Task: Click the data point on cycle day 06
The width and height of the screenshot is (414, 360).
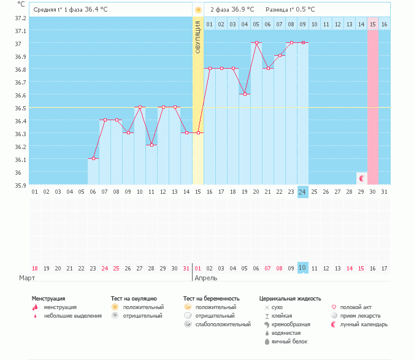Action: point(93,159)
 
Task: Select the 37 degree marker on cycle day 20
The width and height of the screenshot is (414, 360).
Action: point(256,42)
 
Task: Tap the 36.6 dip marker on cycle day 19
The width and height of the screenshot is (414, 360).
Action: point(245,94)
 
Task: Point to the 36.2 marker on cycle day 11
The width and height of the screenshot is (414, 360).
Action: point(151,145)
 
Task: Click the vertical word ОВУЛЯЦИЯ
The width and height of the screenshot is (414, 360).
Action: point(198,37)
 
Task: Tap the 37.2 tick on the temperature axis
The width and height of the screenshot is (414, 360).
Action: point(20,18)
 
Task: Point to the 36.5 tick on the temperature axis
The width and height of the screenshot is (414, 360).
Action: point(20,108)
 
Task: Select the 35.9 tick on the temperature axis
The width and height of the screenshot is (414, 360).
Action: point(20,185)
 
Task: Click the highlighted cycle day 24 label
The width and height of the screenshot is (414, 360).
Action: point(302,192)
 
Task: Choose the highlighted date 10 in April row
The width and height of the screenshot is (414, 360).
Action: point(302,268)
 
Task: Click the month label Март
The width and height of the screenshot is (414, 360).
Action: point(27,278)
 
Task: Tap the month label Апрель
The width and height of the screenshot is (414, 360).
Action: point(206,278)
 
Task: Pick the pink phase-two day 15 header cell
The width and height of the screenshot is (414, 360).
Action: point(373,25)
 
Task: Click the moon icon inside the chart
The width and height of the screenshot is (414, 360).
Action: point(362,178)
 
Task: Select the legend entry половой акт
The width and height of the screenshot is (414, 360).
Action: point(356,307)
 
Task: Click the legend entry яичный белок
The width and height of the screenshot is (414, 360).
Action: point(289,342)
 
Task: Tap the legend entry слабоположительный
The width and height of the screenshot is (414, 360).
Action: point(223,324)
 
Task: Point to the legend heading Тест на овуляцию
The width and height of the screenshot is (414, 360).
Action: point(134,299)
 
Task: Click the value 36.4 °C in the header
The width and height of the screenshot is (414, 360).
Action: point(96,9)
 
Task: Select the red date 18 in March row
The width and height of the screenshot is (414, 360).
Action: point(35,269)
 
